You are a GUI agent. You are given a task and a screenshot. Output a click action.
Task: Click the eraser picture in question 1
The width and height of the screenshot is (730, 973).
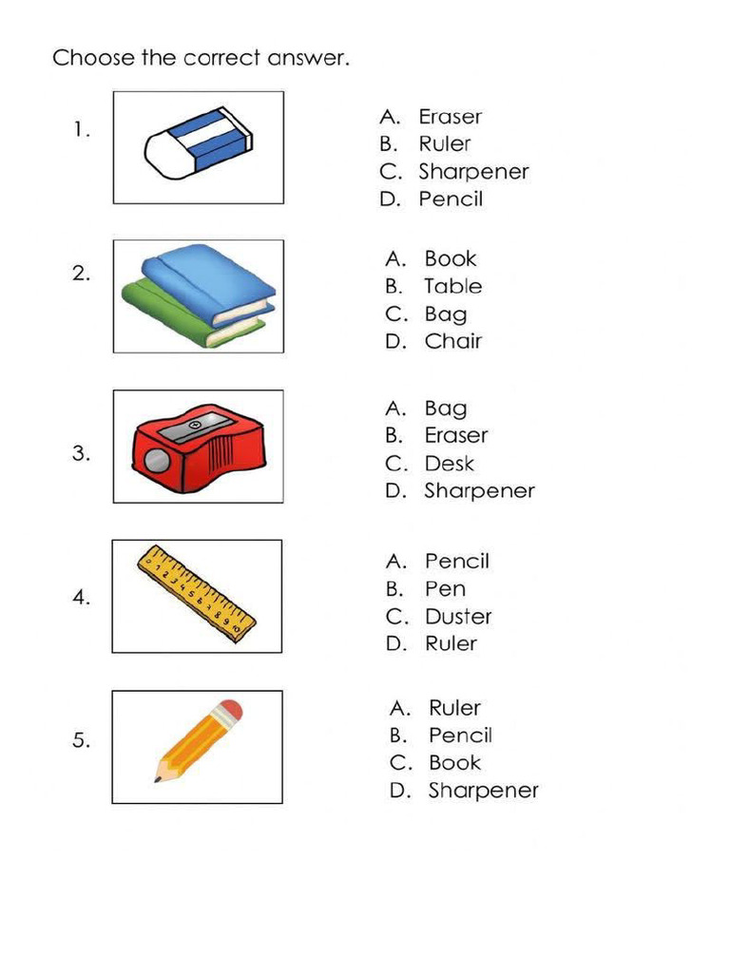pyautogui.click(x=199, y=143)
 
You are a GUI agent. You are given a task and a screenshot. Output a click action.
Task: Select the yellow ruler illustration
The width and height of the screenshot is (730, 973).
pyautogui.click(x=197, y=593)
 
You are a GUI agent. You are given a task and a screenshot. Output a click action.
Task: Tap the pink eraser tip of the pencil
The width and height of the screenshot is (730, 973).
pyautogui.click(x=229, y=711)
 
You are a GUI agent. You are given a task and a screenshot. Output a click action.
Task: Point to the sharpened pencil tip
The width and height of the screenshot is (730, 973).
pyautogui.click(x=158, y=778)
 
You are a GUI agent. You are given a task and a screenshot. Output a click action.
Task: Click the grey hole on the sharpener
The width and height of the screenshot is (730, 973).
pyautogui.click(x=156, y=463)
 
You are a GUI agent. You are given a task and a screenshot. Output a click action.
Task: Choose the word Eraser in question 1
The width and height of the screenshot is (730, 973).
pyautogui.click(x=450, y=117)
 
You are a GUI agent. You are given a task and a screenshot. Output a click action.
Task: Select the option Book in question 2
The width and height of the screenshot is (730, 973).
pyautogui.click(x=450, y=258)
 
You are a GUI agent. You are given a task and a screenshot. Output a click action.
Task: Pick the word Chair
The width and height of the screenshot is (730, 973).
pyautogui.click(x=452, y=341)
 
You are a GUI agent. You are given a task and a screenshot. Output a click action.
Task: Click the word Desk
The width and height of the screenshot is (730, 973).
pyautogui.click(x=449, y=464)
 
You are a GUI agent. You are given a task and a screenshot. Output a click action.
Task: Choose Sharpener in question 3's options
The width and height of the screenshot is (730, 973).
pyautogui.click(x=479, y=491)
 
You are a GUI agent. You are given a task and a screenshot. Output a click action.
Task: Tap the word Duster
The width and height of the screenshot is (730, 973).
pyautogui.click(x=458, y=617)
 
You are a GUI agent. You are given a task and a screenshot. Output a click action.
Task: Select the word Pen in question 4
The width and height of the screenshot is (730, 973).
pyautogui.click(x=445, y=589)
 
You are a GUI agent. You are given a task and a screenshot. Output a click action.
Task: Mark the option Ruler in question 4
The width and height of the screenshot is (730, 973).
pyautogui.click(x=451, y=643)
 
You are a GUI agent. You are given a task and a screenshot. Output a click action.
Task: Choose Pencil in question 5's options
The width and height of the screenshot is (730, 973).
pyautogui.click(x=460, y=735)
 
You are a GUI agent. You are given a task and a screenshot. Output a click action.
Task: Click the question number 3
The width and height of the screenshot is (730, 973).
pyautogui.click(x=81, y=454)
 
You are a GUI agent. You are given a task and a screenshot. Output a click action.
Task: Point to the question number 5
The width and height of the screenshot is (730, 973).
pyautogui.click(x=81, y=741)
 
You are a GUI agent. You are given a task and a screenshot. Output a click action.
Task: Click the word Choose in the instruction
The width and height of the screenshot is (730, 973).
pyautogui.click(x=93, y=58)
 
